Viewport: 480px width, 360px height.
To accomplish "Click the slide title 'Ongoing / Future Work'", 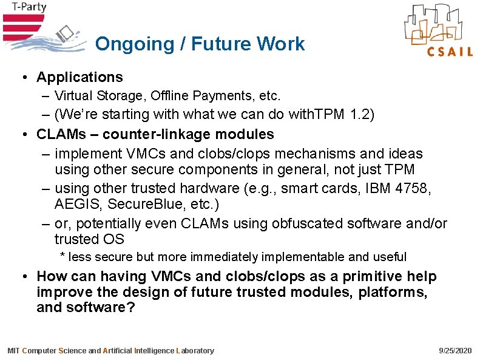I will (x=200, y=44).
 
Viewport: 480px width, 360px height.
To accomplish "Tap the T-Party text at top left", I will (x=24, y=8).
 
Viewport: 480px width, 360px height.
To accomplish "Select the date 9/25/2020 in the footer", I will (x=455, y=351).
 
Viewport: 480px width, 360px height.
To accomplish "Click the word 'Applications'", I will (x=79, y=77).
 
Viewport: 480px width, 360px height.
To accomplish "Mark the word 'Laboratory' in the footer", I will (x=195, y=351).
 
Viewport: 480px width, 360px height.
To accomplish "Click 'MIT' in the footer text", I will (x=13, y=351).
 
